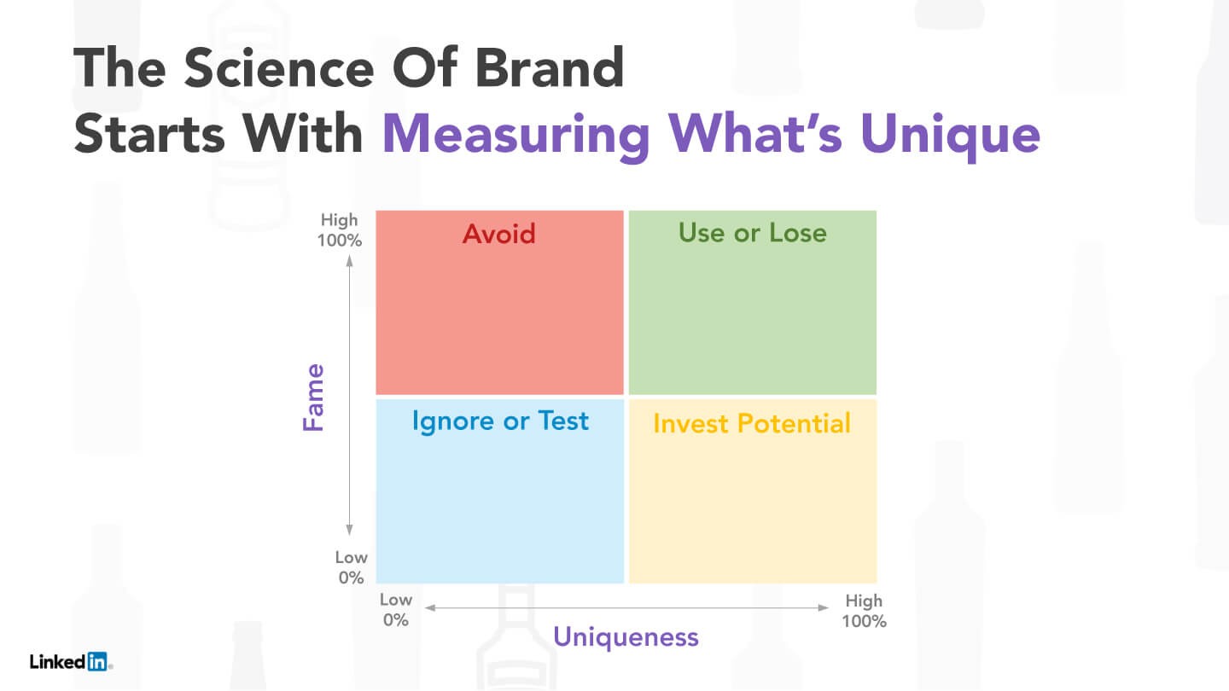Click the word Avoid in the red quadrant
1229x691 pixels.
tap(498, 234)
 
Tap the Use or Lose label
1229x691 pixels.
tap(752, 233)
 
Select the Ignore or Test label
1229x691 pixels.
tap(500, 421)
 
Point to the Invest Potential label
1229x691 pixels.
tap(752, 423)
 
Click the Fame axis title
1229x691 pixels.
tap(314, 397)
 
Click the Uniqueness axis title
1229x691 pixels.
tap(626, 638)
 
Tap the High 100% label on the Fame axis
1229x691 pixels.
tap(340, 229)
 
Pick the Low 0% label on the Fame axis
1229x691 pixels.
tap(351, 567)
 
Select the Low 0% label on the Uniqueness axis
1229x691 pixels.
tap(396, 610)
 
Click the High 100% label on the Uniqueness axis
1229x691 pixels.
tap(864, 611)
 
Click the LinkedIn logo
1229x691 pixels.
tap(71, 661)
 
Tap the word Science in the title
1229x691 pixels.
tap(279, 68)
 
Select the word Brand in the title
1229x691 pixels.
tap(550, 68)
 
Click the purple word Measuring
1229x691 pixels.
tap(515, 135)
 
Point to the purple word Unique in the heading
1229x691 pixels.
tap(950, 135)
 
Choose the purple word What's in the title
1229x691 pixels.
tap(755, 133)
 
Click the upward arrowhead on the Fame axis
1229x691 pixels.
tap(350, 260)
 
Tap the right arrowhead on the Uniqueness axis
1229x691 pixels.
tap(823, 607)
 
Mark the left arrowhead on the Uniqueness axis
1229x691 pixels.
tap(431, 607)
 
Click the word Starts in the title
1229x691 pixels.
tap(149, 134)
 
